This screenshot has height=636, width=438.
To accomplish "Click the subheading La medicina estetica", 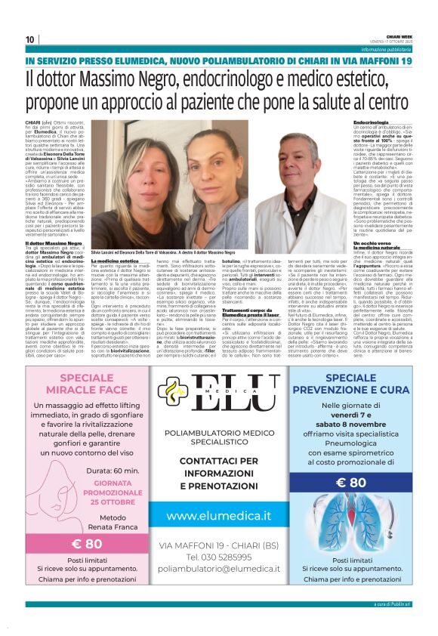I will [x=115, y=261].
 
